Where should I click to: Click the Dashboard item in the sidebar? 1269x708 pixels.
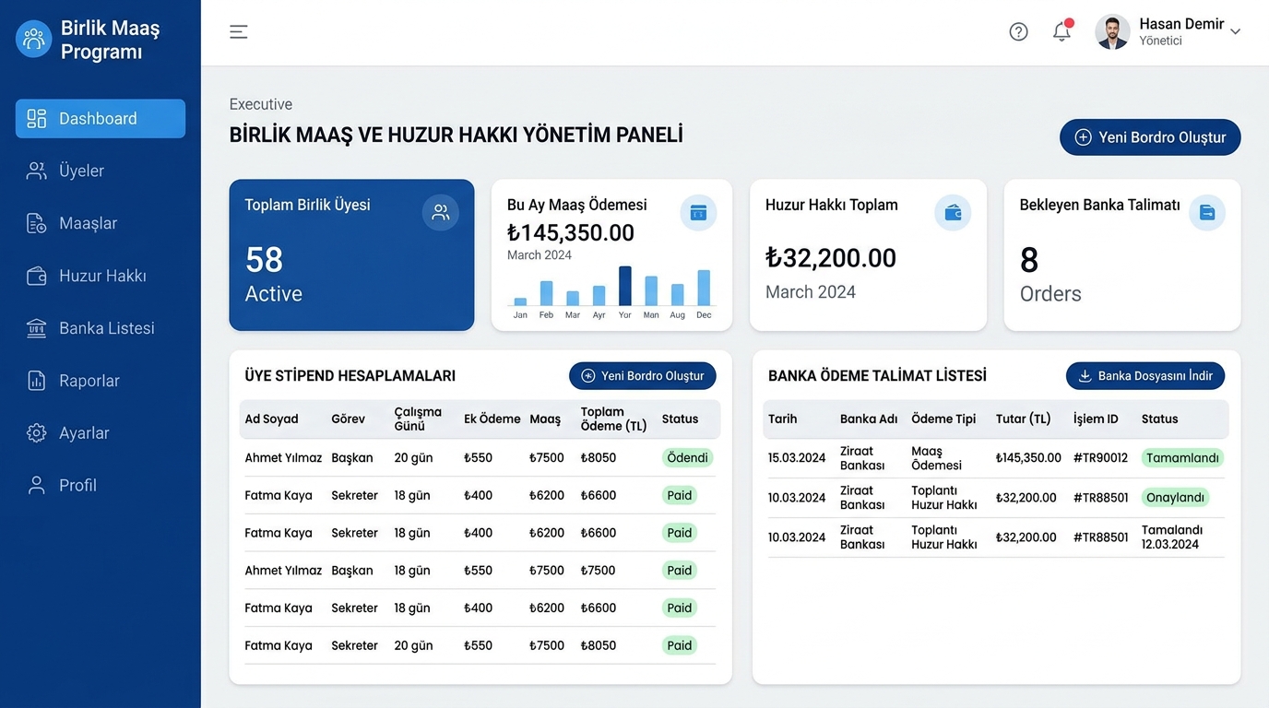[x=101, y=118]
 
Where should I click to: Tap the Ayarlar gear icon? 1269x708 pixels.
[x=36, y=432]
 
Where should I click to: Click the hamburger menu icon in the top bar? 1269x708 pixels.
[x=239, y=31]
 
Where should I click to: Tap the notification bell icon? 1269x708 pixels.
[x=1061, y=31]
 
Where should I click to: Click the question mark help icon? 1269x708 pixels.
[x=1018, y=31]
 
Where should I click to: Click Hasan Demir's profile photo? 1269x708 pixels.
[x=1112, y=31]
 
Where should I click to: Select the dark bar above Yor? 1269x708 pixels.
[x=625, y=286]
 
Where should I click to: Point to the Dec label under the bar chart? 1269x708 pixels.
[x=704, y=315]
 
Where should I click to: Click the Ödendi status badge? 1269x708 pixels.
[x=687, y=457]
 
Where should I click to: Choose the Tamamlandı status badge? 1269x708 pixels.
[x=1182, y=457]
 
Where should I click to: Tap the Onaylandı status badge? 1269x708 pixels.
[x=1175, y=497]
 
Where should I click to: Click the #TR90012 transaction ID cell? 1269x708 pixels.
[x=1100, y=457]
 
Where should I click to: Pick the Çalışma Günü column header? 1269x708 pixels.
[x=418, y=419]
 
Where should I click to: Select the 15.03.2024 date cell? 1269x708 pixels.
[x=797, y=457]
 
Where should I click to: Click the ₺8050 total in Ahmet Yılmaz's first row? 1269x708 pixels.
[x=599, y=457]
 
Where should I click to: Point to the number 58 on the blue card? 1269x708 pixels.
[x=264, y=259]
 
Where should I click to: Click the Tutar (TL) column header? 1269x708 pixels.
[x=1023, y=419]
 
